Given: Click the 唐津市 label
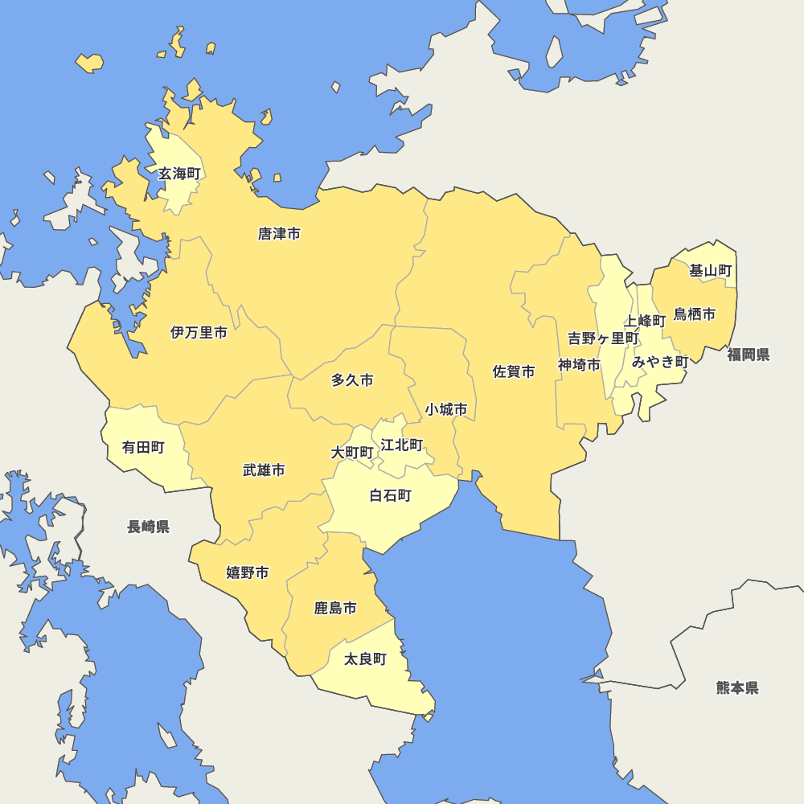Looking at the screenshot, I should tap(279, 234).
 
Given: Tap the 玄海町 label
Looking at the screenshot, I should tap(179, 173).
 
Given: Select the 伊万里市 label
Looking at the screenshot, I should tap(199, 332).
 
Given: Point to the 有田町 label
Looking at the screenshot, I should tap(143, 447).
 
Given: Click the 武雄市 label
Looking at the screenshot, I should tap(264, 470).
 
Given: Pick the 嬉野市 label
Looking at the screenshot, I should tap(247, 572).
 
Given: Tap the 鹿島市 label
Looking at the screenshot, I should tap(335, 608).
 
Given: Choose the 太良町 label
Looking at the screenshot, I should tap(365, 659).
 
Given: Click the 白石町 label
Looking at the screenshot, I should tap(390, 495).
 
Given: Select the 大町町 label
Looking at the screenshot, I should tap(352, 453).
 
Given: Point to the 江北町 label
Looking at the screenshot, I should tap(402, 445).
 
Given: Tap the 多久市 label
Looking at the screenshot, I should tap(352, 380).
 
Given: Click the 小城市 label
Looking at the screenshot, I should tap(446, 409).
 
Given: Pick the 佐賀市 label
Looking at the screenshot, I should tap(514, 371).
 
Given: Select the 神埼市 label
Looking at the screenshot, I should tap(579, 365).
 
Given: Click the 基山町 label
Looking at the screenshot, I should tap(711, 271).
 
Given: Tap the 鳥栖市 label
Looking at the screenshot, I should tap(695, 314).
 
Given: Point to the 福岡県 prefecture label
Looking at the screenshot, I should tap(749, 355).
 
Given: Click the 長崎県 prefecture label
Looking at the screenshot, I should tap(148, 527).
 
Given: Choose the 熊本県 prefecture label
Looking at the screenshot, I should tap(737, 687).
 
